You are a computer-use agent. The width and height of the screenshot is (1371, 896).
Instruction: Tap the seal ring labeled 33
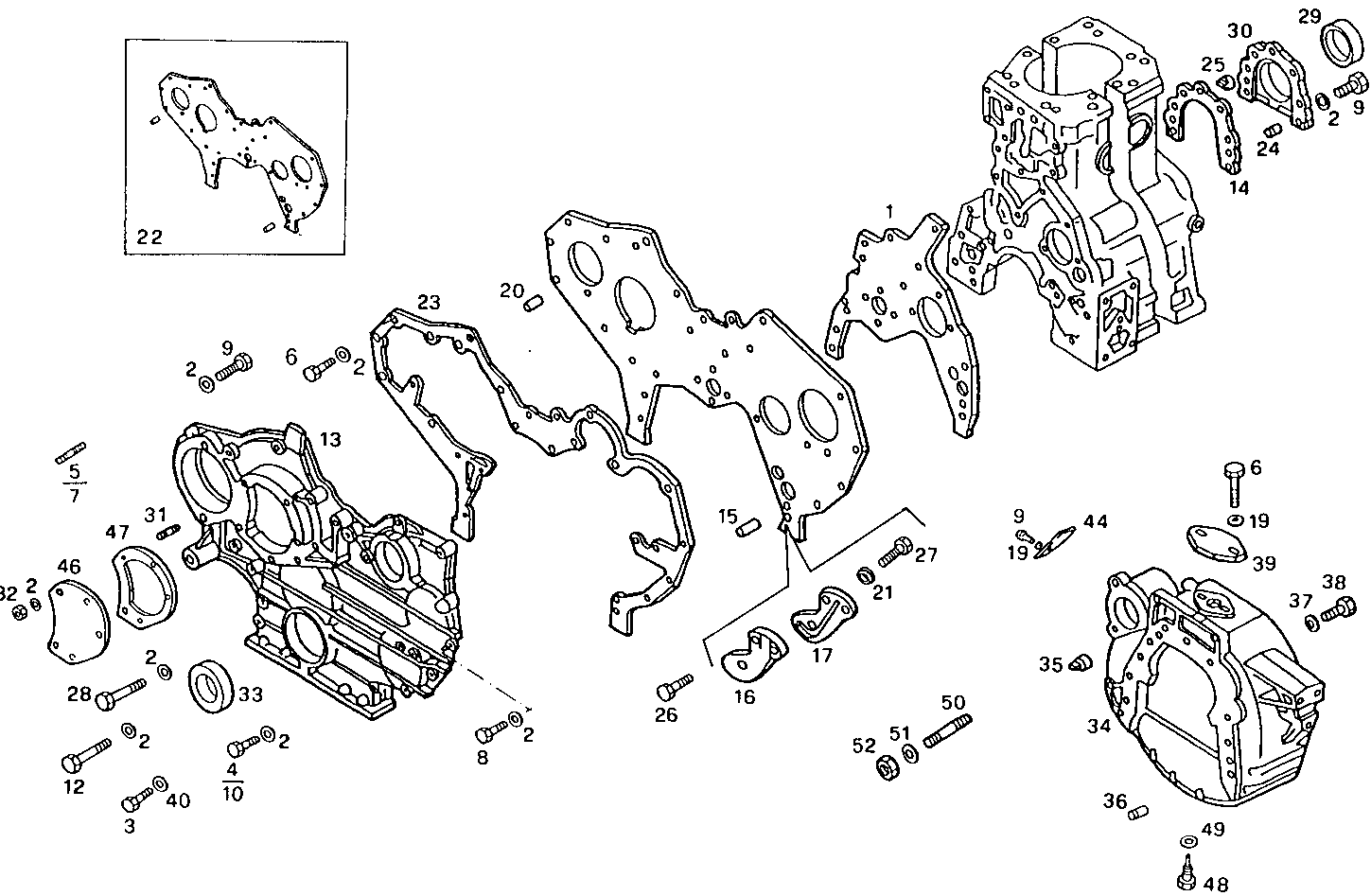[213, 685]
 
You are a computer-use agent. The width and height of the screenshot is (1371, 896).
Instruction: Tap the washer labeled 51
[908, 753]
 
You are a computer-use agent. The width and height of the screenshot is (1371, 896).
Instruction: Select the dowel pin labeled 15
[749, 525]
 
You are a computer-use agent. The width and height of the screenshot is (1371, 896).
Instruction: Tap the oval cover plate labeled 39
[1217, 540]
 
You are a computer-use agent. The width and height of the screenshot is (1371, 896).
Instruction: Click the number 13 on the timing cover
[329, 439]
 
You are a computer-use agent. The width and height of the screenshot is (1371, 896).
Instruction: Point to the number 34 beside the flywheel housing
[1098, 727]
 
